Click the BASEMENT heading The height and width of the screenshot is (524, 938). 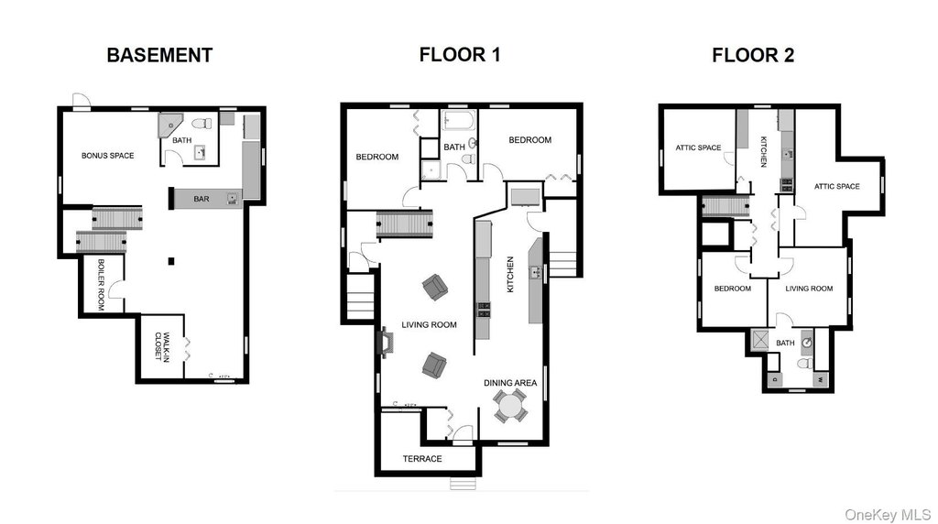(x=159, y=55)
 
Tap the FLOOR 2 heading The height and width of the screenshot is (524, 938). (x=753, y=55)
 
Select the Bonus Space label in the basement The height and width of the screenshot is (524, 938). (x=108, y=156)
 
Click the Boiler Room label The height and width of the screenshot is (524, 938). (x=101, y=285)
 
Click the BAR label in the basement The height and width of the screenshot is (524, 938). (x=202, y=199)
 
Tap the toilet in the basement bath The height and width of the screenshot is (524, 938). (x=202, y=124)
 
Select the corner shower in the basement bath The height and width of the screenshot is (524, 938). (x=170, y=126)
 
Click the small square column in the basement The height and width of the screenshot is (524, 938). (x=171, y=261)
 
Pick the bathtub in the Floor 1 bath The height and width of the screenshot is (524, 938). (x=459, y=120)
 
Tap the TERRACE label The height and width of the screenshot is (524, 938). (x=422, y=459)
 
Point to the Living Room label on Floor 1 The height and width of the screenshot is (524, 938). (x=429, y=325)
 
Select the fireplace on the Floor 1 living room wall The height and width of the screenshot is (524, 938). (x=387, y=344)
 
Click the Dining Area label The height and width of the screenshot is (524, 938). (x=510, y=383)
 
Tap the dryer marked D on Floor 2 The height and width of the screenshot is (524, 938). (x=775, y=380)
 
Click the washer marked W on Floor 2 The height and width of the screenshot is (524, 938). (x=821, y=380)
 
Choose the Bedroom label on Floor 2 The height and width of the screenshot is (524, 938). (x=732, y=289)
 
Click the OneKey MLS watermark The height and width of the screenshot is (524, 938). (x=888, y=515)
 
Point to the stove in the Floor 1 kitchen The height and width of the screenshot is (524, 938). (x=484, y=310)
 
